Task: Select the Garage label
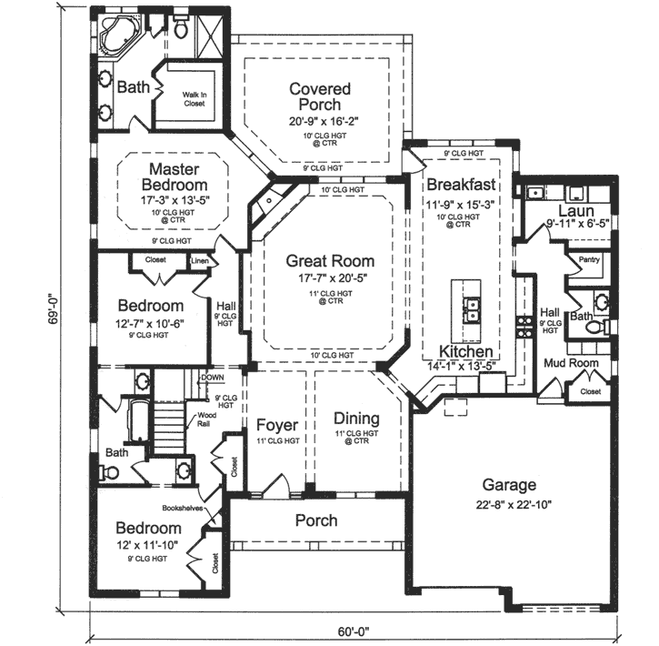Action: (x=509, y=485)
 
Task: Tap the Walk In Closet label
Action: (x=194, y=98)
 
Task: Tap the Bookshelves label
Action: (x=184, y=508)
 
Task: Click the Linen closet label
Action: (x=200, y=261)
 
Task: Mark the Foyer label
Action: (x=277, y=425)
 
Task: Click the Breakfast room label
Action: (x=461, y=183)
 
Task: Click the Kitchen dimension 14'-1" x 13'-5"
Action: (x=461, y=367)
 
